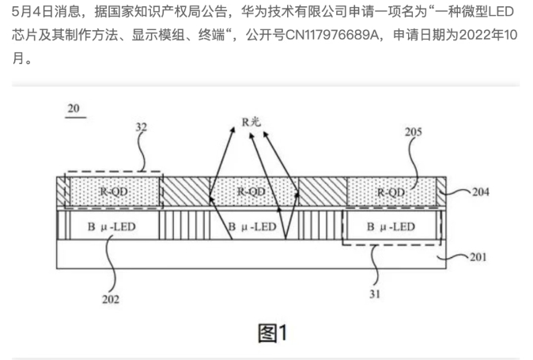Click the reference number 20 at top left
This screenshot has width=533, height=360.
(74, 110)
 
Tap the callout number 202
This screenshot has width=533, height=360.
(112, 299)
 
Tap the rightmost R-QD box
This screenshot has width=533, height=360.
(392, 192)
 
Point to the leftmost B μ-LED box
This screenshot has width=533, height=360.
(113, 226)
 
